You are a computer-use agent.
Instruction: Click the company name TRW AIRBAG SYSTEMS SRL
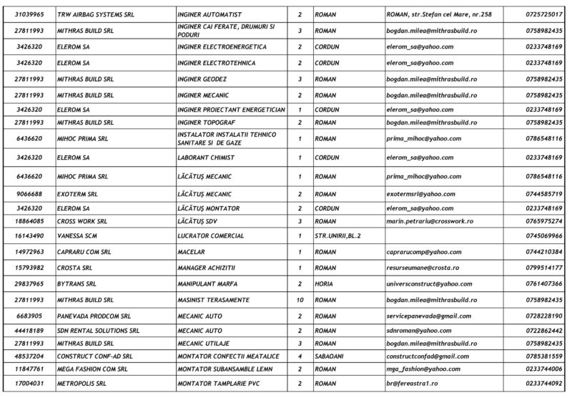[89, 14]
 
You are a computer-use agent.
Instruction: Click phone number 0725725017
[543, 14]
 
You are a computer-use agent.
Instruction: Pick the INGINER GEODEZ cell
[202, 79]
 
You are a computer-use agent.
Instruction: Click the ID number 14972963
[31, 252]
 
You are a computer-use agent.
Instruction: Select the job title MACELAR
[189, 252]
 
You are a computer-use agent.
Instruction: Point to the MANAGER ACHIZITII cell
[206, 268]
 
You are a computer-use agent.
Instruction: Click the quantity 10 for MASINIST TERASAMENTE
[300, 300]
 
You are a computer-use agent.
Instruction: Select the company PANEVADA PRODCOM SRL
[95, 316]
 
